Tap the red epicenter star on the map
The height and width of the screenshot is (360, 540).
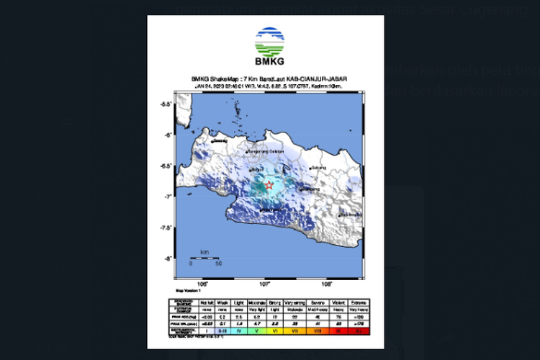tap(269, 186)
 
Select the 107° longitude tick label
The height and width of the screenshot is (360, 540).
tap(264, 284)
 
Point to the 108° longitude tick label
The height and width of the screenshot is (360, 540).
tap(327, 284)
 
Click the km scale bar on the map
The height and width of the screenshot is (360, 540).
tap(204, 256)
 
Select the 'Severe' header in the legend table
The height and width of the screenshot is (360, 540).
tap(315, 302)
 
